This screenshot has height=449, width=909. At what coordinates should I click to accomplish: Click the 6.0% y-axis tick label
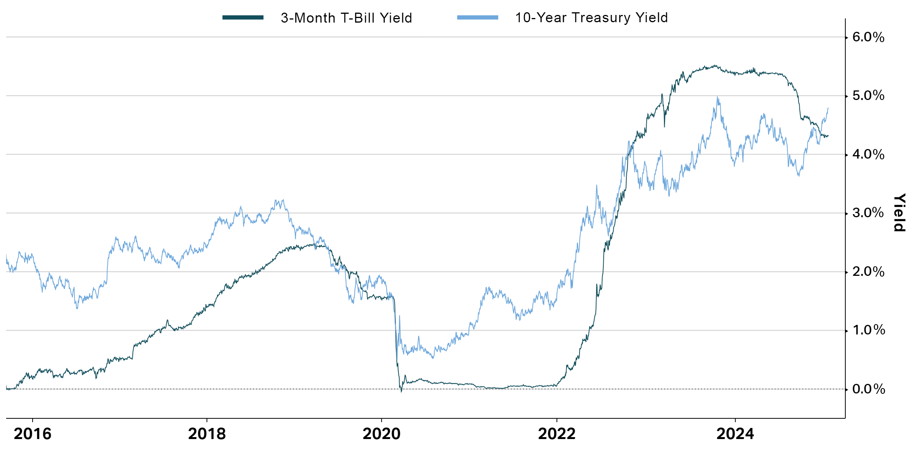coord(868,37)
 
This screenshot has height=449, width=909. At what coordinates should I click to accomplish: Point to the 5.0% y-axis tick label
coord(868,95)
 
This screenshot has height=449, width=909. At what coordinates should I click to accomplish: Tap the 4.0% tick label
coord(868,154)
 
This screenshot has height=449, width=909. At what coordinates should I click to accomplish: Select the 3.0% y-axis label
coord(868,213)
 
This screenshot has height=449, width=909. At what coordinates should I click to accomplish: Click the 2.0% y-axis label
coord(868,272)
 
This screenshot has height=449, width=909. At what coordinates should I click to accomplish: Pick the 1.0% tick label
coord(868,330)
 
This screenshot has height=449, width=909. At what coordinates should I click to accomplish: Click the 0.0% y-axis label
coord(868,389)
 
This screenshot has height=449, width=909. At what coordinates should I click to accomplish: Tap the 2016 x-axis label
coord(33,434)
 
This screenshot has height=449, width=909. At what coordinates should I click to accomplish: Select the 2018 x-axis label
coord(207,434)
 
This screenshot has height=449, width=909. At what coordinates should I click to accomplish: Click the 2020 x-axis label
coord(381,434)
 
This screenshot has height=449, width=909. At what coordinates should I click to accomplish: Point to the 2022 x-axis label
coord(557,434)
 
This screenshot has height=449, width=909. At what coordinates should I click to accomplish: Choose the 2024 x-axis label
coord(735,434)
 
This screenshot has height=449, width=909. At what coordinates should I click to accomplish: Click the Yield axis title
coord(899,213)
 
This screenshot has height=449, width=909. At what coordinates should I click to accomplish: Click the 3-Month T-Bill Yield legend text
coord(346,18)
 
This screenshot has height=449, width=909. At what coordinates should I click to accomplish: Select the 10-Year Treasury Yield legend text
coord(591,18)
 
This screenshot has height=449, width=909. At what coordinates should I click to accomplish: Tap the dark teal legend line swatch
coord(243,18)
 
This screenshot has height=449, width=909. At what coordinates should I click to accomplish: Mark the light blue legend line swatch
coord(478,18)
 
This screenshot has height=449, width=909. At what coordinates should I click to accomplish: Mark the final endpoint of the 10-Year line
coord(828,108)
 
